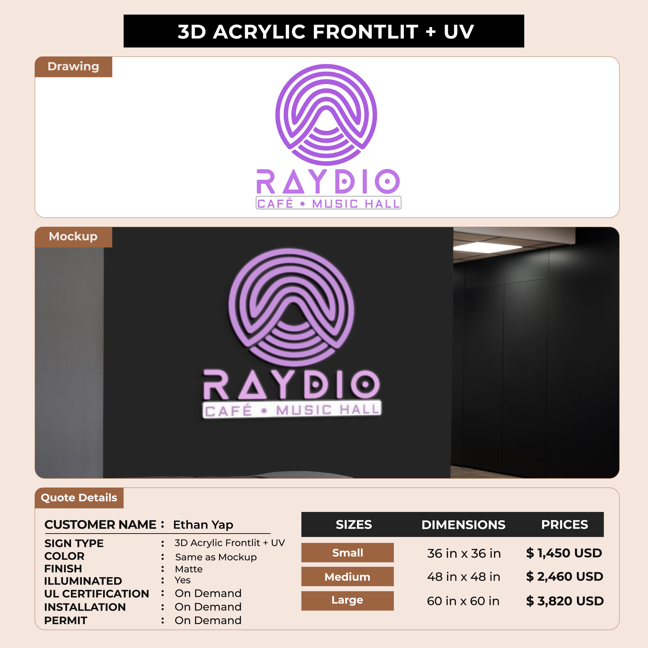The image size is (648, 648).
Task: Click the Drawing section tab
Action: click(73, 67)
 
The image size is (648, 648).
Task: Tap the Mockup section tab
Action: click(73, 237)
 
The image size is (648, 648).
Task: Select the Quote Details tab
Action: click(79, 498)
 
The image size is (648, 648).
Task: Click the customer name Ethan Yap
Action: click(203, 525)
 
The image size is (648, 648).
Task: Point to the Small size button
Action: click(347, 553)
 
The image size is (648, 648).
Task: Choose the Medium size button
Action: click(347, 577)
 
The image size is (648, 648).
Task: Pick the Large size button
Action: click(347, 600)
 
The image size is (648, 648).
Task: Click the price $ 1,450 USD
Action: click(564, 553)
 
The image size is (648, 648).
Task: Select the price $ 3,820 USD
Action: click(565, 601)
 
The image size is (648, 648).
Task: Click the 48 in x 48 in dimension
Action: click(464, 577)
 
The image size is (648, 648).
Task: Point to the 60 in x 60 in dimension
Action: click(463, 601)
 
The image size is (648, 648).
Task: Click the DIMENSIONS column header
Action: click(463, 525)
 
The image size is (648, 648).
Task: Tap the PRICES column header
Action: click(564, 525)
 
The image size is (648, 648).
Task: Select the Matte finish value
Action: click(189, 569)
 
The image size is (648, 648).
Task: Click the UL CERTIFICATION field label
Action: click(96, 594)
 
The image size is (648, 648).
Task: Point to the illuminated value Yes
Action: click(183, 580)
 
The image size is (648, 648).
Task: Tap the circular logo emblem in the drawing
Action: click(326, 115)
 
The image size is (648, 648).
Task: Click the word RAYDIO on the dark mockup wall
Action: click(292, 384)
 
